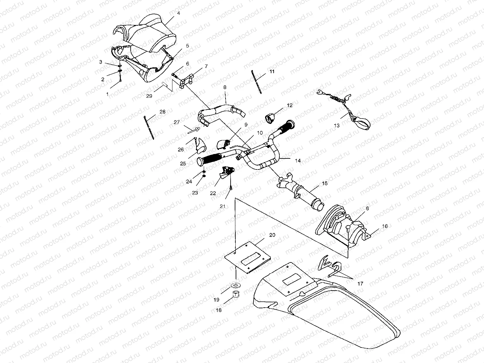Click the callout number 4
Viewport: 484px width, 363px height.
179,13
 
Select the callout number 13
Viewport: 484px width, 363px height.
337,126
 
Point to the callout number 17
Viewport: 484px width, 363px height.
360,284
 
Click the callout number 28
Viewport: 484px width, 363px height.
162,112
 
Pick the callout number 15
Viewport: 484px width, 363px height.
325,183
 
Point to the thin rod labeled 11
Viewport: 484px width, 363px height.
257,82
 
